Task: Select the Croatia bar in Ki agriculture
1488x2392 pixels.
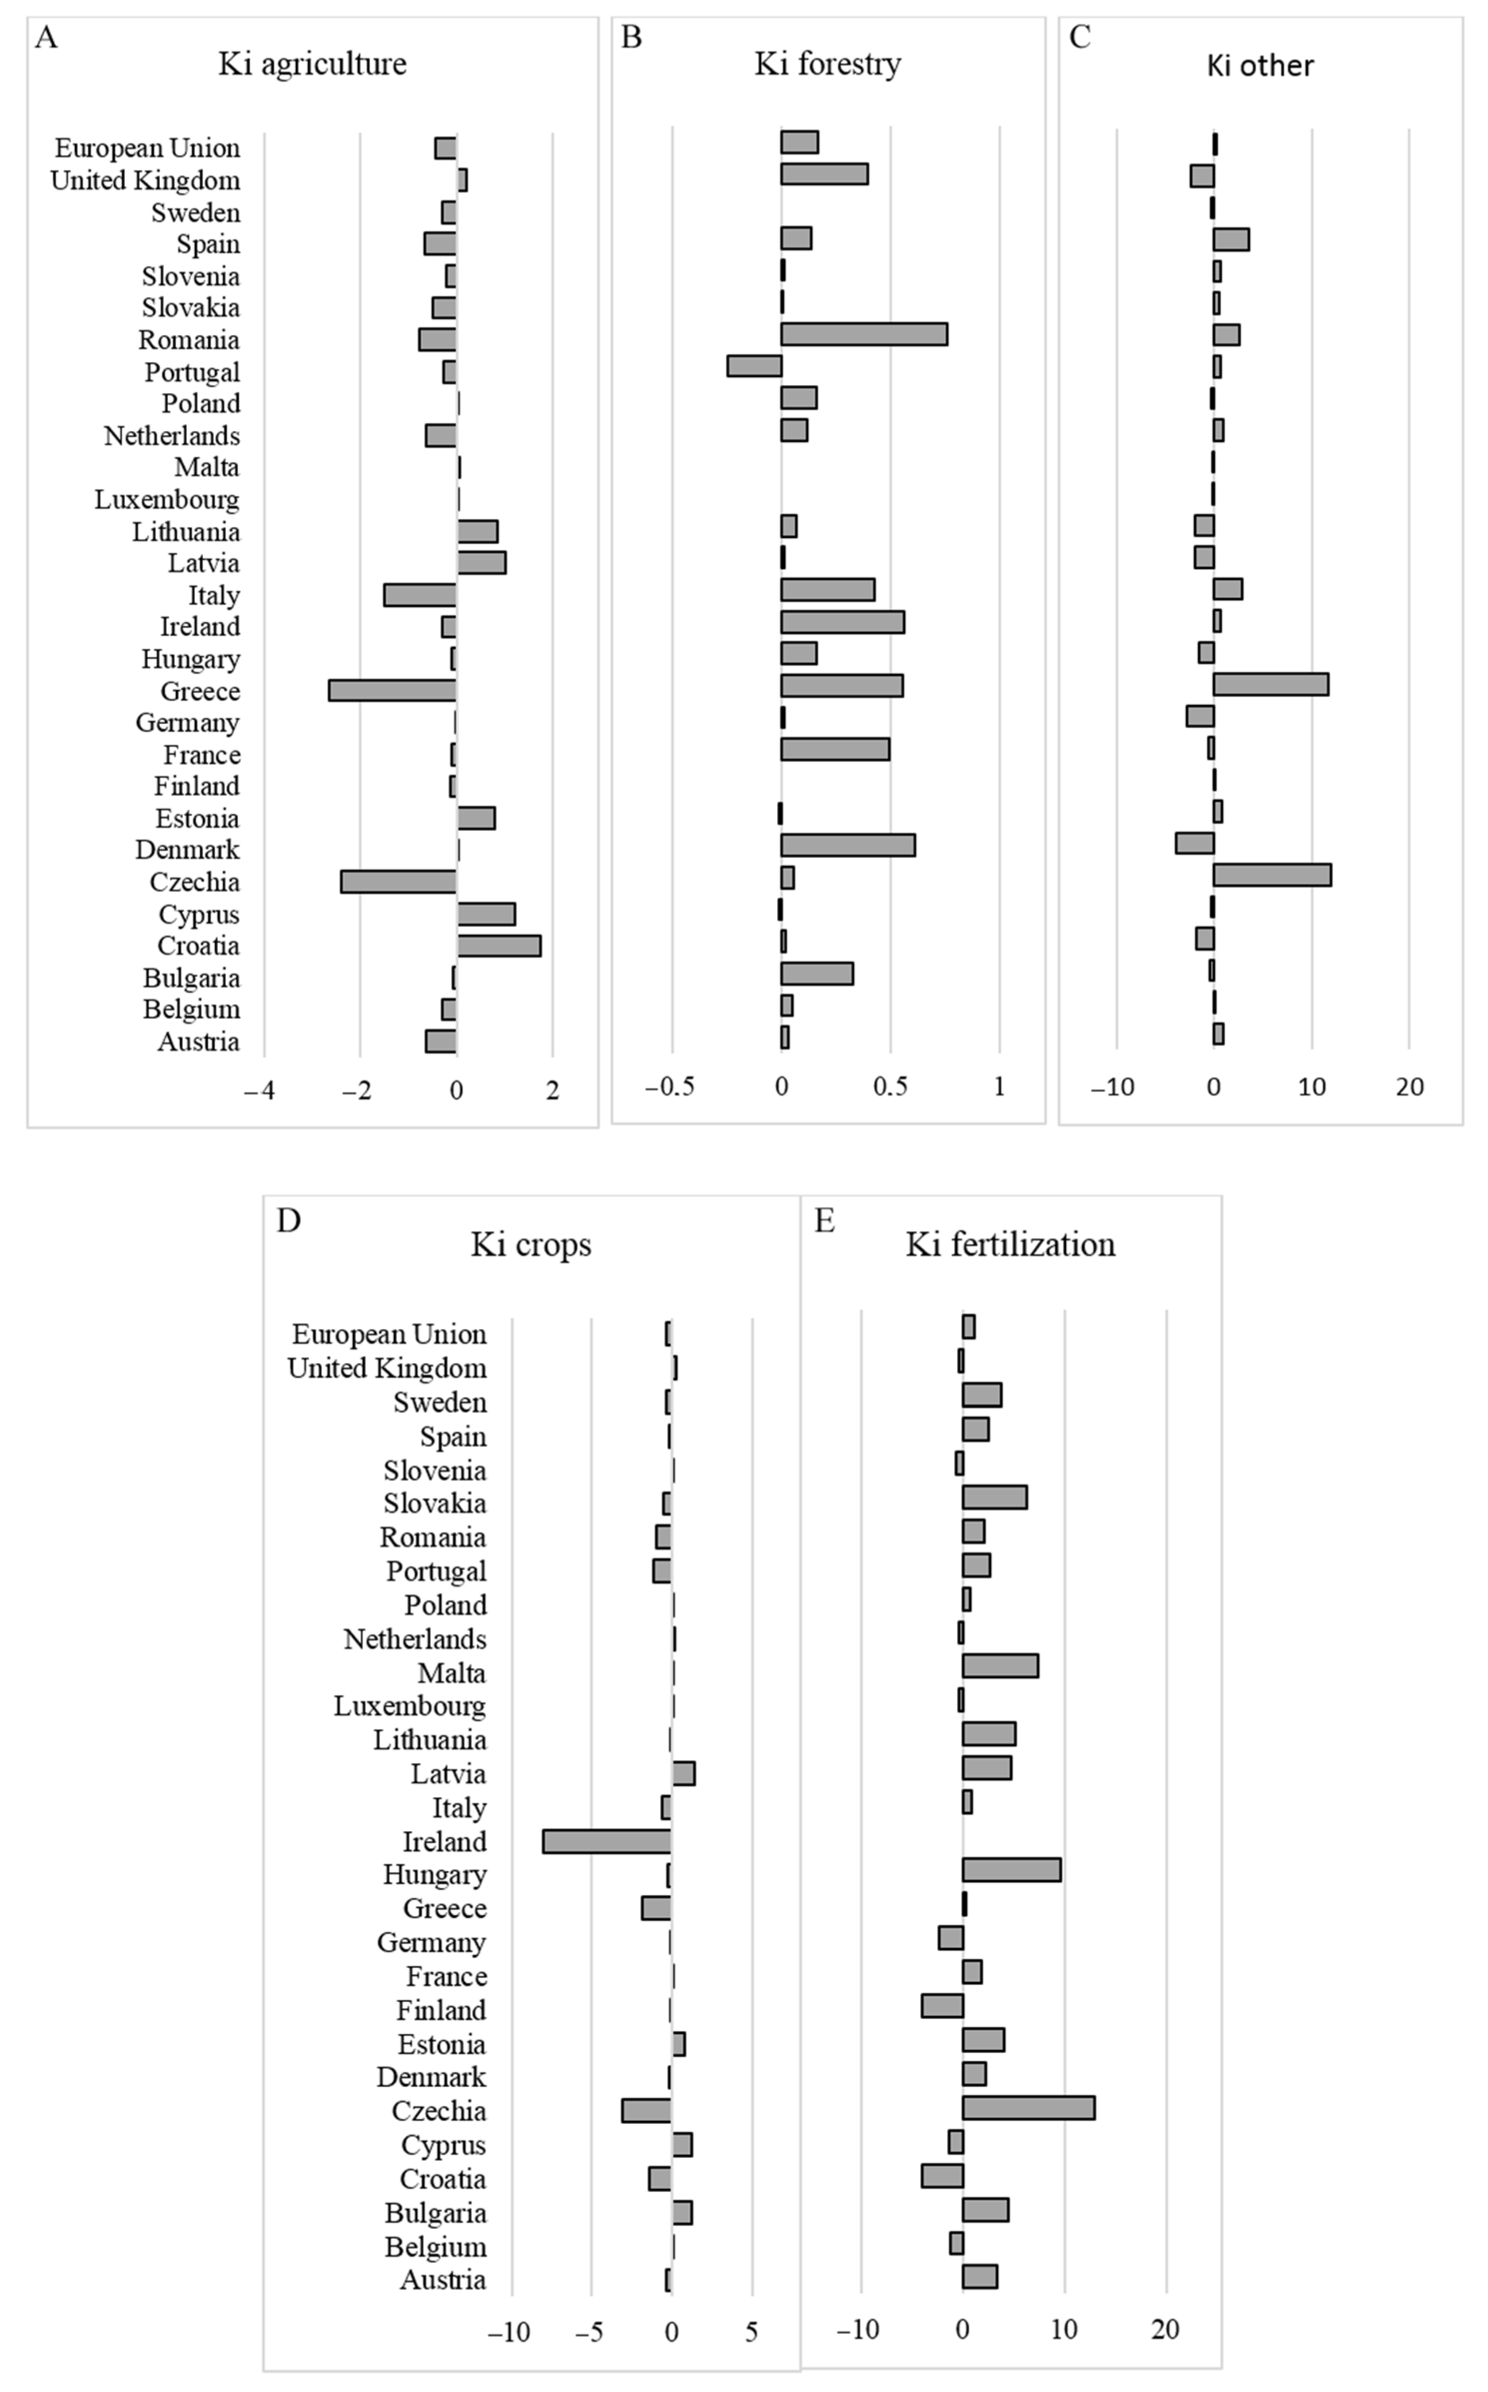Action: pyautogui.click(x=499, y=946)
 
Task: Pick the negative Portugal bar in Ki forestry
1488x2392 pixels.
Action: pyautogui.click(x=754, y=366)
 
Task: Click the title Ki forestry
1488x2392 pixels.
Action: pyautogui.click(x=828, y=64)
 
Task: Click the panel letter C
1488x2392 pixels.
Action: pyautogui.click(x=1079, y=37)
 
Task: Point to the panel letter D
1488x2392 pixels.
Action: pyautogui.click(x=288, y=1220)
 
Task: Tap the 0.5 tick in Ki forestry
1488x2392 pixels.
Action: pyautogui.click(x=891, y=1086)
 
